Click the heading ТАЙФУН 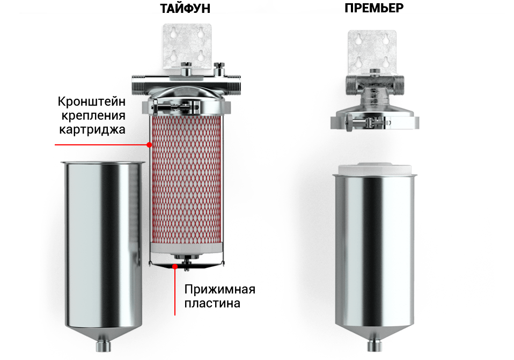185,8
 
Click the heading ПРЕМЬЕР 374,8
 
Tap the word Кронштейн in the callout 91,101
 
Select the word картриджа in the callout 92,129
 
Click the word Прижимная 219,289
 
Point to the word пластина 212,303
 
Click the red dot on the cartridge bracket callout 149,145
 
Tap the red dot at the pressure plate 175,267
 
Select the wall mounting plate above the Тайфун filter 187,46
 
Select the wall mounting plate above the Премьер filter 372,53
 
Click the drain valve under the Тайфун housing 103,346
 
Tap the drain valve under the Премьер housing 375,346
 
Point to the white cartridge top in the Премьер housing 375,169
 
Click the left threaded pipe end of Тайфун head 138,84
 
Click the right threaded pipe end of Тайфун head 234,85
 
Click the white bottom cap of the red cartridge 187,248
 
